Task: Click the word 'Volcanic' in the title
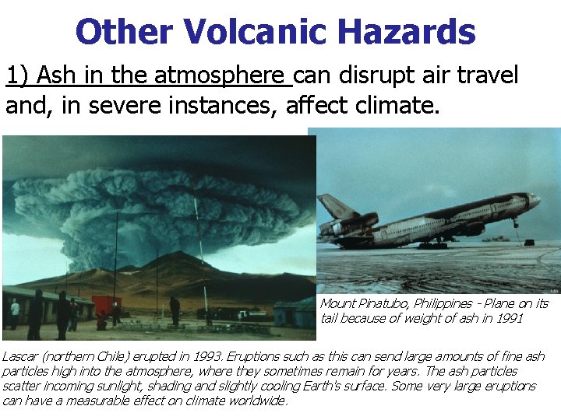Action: [x=249, y=33]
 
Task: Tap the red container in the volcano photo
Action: [x=107, y=306]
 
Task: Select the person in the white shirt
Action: [x=15, y=311]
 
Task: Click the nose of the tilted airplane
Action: [x=535, y=200]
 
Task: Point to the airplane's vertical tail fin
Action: [x=337, y=208]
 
